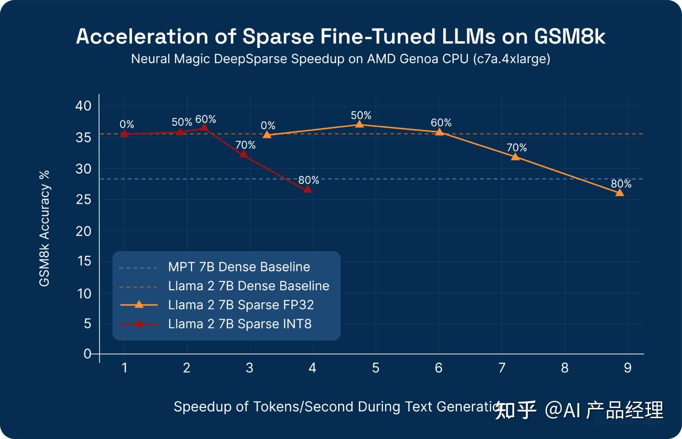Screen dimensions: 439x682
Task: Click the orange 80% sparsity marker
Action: [619, 193]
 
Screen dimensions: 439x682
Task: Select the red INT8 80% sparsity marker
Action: [307, 190]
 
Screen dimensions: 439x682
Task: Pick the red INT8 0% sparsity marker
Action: [125, 134]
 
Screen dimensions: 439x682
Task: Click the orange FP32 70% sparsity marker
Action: [515, 157]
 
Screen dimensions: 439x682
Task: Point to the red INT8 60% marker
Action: [204, 128]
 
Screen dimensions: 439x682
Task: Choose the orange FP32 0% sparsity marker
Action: [267, 135]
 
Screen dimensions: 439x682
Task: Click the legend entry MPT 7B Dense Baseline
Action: [239, 267]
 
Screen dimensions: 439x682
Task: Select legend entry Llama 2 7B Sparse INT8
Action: [240, 324]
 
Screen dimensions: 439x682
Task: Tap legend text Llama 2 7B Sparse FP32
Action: [241, 305]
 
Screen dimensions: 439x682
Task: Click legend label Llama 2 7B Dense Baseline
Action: [249, 286]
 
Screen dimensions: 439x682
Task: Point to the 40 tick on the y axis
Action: [83, 106]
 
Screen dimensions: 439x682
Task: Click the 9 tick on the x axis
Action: [627, 368]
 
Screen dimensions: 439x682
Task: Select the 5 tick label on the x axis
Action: [376, 368]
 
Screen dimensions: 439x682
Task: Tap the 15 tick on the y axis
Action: [84, 261]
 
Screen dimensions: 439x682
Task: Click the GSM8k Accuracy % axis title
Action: [44, 228]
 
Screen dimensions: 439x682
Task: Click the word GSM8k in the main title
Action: [569, 36]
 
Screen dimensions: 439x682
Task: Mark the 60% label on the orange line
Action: [441, 123]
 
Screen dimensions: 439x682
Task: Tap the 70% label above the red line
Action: [245, 145]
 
